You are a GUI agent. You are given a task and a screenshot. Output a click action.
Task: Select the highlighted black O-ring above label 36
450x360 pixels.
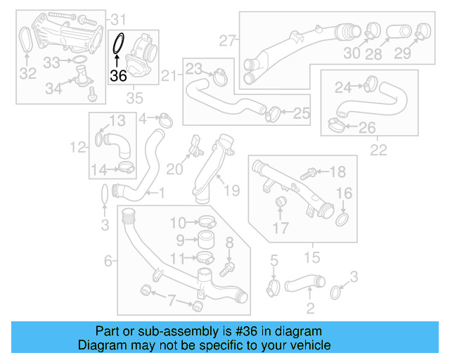point(119,44)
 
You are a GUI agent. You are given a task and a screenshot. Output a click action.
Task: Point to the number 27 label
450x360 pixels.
point(226,41)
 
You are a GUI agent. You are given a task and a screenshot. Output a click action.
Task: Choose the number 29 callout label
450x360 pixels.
point(422,53)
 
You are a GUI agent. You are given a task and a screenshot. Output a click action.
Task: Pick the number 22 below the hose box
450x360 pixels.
point(379,149)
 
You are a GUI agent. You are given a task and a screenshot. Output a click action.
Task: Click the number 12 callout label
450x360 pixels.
point(77,147)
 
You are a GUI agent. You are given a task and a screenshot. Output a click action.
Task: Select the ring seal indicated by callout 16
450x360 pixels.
point(343,221)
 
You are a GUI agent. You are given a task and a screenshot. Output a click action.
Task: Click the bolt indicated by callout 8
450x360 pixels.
point(226,267)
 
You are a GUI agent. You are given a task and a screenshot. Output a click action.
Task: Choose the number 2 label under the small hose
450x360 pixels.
point(310,307)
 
